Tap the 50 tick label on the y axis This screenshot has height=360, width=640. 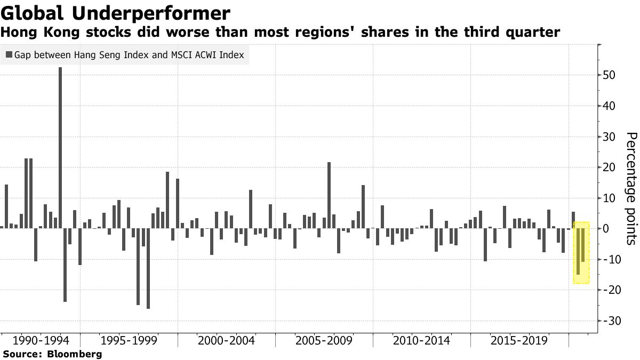pos(610,75)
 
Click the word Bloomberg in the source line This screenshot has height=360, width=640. pos(75,354)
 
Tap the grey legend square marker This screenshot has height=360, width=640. pos(9,54)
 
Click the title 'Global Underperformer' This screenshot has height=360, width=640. pos(116,13)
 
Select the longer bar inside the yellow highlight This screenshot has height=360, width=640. pos(578,251)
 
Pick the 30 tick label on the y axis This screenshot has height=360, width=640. pos(610,137)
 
